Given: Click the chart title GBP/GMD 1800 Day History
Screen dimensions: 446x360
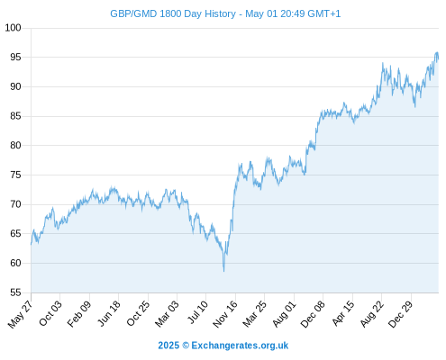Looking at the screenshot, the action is pyautogui.click(x=173, y=13).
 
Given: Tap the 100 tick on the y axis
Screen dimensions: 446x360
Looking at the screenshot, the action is pyautogui.click(x=13, y=28).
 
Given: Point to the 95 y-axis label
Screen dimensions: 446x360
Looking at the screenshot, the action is pyautogui.click(x=15, y=57).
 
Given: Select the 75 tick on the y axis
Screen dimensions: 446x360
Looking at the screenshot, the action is pyautogui.click(x=15, y=175).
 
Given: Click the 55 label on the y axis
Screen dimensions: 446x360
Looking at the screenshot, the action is pyautogui.click(x=15, y=292).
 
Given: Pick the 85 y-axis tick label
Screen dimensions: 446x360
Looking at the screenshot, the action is pyautogui.click(x=15, y=116).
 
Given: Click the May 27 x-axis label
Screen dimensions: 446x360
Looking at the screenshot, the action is pyautogui.click(x=20, y=314).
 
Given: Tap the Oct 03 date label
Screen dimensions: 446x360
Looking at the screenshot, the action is pyautogui.click(x=50, y=313).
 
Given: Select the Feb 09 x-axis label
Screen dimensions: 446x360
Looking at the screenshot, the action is pyautogui.click(x=78, y=314).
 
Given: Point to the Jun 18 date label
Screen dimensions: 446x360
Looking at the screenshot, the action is pyautogui.click(x=109, y=313).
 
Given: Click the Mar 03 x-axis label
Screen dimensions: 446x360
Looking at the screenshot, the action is pyautogui.click(x=167, y=314).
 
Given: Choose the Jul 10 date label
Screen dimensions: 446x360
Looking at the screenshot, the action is pyautogui.click(x=197, y=312).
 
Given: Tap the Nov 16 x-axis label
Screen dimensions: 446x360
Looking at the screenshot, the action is pyautogui.click(x=225, y=314).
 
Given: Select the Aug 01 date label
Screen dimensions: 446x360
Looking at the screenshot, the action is pyautogui.click(x=284, y=314).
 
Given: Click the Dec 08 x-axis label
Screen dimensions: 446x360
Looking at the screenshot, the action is pyautogui.click(x=313, y=314).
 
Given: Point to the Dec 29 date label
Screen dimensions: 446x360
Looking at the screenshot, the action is pyautogui.click(x=401, y=314).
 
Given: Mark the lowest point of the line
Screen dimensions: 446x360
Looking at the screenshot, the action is pyautogui.click(x=223, y=272).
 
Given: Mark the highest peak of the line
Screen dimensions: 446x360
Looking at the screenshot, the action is pyautogui.click(x=437, y=52).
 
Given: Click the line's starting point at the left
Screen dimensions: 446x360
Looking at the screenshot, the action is pyautogui.click(x=31, y=245).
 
